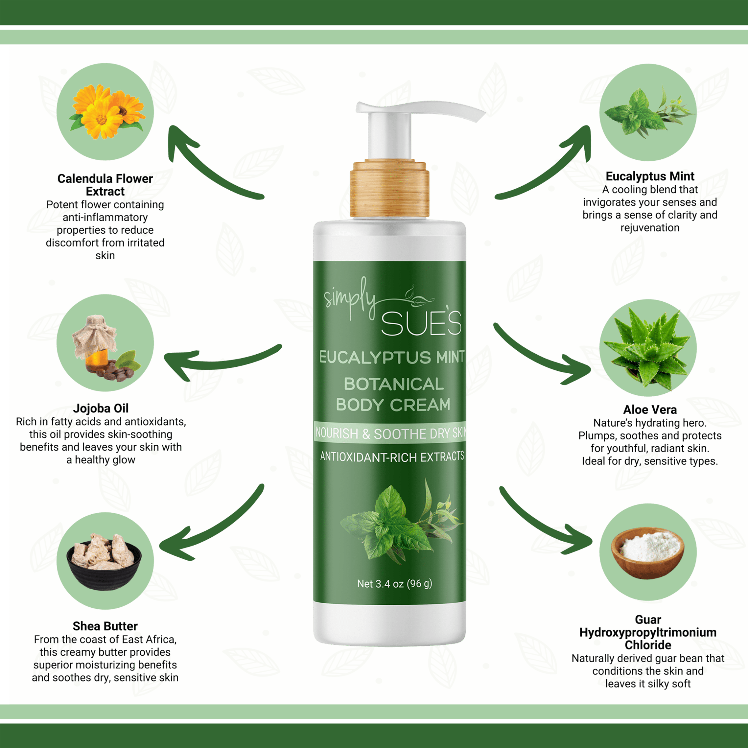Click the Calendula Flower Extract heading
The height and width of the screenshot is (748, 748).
105,185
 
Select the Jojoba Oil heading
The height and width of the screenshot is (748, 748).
101,408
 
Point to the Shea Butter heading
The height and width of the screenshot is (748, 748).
105,626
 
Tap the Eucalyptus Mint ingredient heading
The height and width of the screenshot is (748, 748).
650,176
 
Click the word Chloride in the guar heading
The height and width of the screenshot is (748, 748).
648,645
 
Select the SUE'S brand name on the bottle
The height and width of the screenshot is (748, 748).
421,323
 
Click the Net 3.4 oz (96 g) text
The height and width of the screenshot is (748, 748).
394,583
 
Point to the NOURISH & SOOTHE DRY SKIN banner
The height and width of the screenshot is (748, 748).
390,432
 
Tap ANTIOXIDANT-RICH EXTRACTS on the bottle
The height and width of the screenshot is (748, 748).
392,457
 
